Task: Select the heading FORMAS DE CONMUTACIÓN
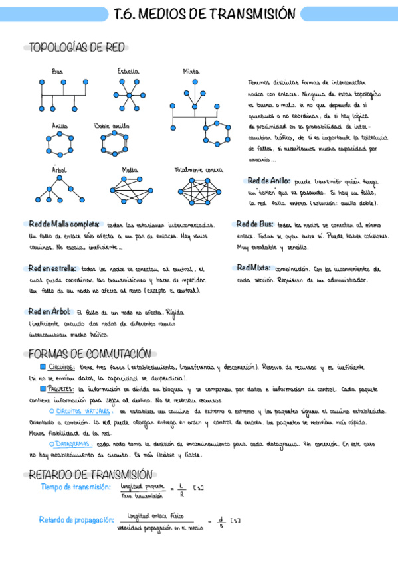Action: [90, 354]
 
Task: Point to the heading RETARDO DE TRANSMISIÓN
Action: [90, 474]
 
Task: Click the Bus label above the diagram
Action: [57, 71]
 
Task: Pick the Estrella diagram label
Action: [128, 71]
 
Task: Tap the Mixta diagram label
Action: [191, 71]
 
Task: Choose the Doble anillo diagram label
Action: [112, 125]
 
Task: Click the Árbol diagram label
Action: [59, 170]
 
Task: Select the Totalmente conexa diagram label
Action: [199, 170]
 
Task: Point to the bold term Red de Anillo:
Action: [268, 181]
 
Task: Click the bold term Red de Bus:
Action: [254, 224]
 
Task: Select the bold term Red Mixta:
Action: [253, 268]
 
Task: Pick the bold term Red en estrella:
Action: [52, 268]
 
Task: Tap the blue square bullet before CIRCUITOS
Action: [43, 366]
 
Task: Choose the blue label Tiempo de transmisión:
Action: [76, 487]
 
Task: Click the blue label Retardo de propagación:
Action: [76, 519]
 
